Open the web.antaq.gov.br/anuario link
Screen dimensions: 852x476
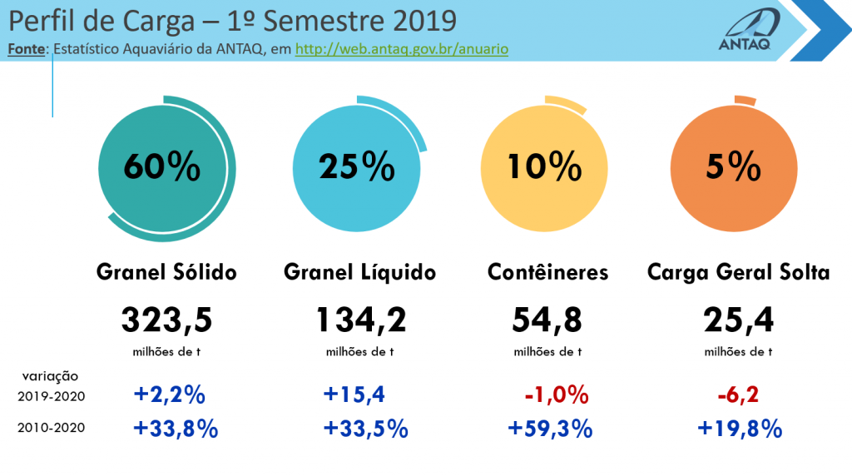(x=402, y=49)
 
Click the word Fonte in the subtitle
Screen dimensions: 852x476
(x=26, y=49)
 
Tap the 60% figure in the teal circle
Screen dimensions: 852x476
(x=162, y=166)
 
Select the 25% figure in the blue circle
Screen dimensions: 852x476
(x=356, y=166)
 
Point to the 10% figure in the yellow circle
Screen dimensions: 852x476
(x=544, y=166)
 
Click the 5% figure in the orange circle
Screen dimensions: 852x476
(x=734, y=166)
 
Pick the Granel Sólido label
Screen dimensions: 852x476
(x=166, y=272)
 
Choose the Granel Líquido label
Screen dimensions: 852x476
(x=359, y=272)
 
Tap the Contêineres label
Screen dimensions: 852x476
(x=547, y=272)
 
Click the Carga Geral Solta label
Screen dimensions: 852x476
(x=739, y=272)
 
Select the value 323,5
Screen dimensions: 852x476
(x=166, y=320)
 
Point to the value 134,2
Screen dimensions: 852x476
(x=361, y=320)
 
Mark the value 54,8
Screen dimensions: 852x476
(x=547, y=320)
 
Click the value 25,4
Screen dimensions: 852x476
(x=739, y=320)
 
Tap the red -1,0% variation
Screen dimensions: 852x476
(x=557, y=395)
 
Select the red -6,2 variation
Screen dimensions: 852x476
(x=738, y=395)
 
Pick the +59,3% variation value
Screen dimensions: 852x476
(x=550, y=429)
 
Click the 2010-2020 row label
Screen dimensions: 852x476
(x=51, y=429)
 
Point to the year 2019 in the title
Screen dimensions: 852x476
(x=424, y=21)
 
